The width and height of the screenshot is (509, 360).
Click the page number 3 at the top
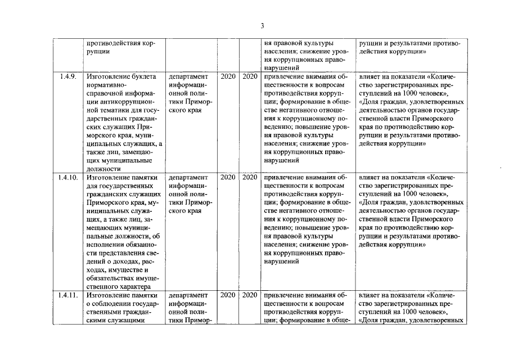pos(262,25)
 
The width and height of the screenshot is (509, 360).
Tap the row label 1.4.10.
pos(68,177)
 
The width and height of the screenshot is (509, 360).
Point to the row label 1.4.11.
pos(68,295)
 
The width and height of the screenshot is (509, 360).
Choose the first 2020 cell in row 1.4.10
pos(228,177)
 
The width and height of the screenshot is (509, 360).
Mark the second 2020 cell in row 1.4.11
pos(250,295)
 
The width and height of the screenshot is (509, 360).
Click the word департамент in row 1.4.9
pos(188,76)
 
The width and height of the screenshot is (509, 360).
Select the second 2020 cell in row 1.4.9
pos(250,76)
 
